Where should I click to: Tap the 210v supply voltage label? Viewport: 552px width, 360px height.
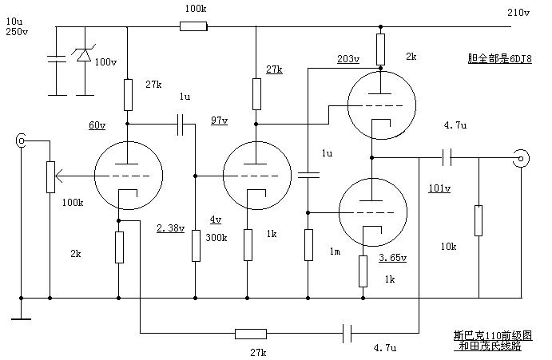(x=518, y=13)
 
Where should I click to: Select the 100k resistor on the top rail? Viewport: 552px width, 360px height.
(x=193, y=26)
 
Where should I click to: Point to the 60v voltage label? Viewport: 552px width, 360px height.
(x=97, y=125)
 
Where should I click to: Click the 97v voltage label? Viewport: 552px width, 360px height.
(x=220, y=121)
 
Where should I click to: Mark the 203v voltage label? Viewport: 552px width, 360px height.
(x=348, y=59)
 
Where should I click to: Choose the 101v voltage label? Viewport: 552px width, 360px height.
(x=439, y=188)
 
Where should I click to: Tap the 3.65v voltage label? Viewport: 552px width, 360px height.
(x=392, y=258)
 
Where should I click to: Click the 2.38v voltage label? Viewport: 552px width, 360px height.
(x=170, y=228)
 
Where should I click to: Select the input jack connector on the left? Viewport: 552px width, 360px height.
(x=21, y=140)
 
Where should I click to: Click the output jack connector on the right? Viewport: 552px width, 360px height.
(x=521, y=158)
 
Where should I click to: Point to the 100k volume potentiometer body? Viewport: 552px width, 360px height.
(x=50, y=177)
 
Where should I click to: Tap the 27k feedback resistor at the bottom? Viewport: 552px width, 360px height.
(x=251, y=334)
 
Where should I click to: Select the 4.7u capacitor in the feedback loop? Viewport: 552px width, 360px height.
(x=347, y=333)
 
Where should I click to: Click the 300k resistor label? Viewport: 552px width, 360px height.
(x=216, y=238)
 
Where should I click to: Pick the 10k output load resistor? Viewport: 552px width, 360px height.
(x=479, y=220)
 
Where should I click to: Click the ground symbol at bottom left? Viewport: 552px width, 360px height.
(x=21, y=319)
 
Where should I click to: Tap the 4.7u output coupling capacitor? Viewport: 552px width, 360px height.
(x=447, y=157)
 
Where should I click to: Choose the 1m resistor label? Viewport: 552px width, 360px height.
(x=335, y=251)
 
